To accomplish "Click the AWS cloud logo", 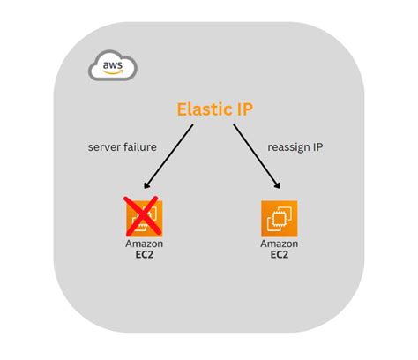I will tap(111, 66).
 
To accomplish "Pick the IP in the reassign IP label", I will tap(317, 147).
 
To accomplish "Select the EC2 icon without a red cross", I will tap(280, 218).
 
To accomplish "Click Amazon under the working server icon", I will tap(280, 244).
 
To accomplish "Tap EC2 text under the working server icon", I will tap(280, 255).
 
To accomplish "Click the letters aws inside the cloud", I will tap(111, 64).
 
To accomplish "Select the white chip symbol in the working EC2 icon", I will tap(280, 218).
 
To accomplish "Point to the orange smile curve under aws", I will tap(112, 71).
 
